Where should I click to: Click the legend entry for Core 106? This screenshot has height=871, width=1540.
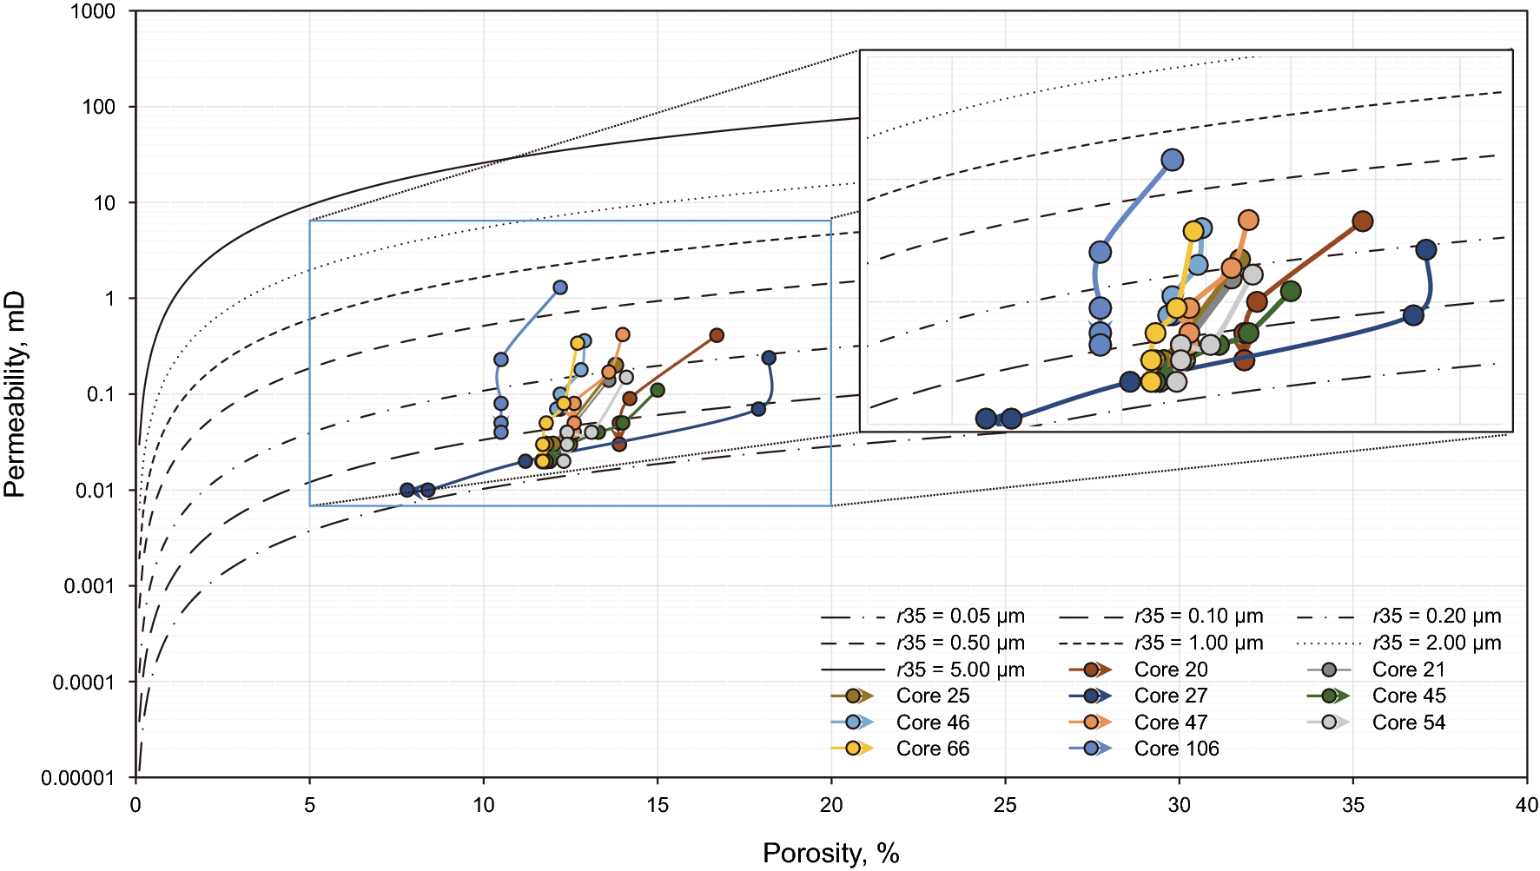(1176, 749)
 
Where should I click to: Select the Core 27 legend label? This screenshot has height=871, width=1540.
(1170, 696)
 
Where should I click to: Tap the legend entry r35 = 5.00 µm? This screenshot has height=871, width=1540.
(960, 670)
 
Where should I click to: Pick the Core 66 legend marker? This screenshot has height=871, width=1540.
(853, 749)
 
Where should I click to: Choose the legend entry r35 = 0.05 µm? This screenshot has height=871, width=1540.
(960, 617)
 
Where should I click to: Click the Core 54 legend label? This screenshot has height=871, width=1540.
(1408, 723)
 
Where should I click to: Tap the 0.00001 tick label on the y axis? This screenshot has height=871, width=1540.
(77, 778)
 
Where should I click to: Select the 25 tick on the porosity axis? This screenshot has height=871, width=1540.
(1005, 805)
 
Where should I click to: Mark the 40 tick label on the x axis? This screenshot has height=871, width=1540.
(1526, 805)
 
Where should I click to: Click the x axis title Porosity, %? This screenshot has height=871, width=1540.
(830, 853)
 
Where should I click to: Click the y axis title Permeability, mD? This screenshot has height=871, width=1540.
(15, 395)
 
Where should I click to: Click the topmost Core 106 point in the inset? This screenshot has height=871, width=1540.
(1173, 160)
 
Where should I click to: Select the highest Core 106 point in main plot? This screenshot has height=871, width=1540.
(560, 287)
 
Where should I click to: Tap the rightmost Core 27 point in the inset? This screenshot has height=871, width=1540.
(1425, 250)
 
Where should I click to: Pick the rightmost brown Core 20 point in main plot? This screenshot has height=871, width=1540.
(717, 335)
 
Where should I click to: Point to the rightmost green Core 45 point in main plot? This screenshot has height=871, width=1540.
(658, 390)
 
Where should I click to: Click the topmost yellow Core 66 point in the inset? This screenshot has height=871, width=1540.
(1193, 230)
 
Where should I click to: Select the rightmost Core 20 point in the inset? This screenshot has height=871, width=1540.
(1363, 221)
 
